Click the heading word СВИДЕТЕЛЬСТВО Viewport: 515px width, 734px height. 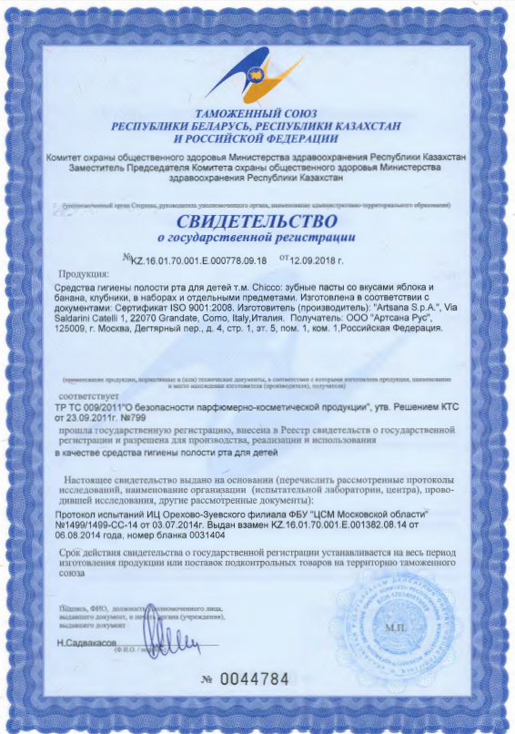click(257, 221)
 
